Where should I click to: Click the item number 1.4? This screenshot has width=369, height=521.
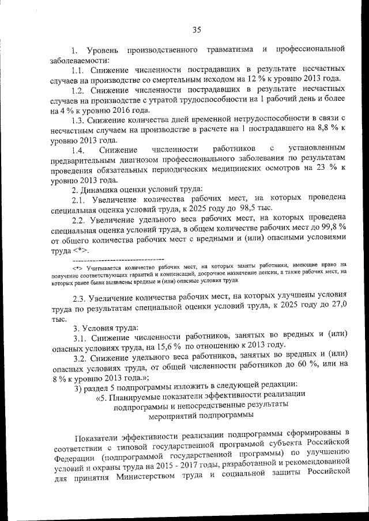[79, 150]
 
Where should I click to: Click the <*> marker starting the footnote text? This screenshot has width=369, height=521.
[78, 268]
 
